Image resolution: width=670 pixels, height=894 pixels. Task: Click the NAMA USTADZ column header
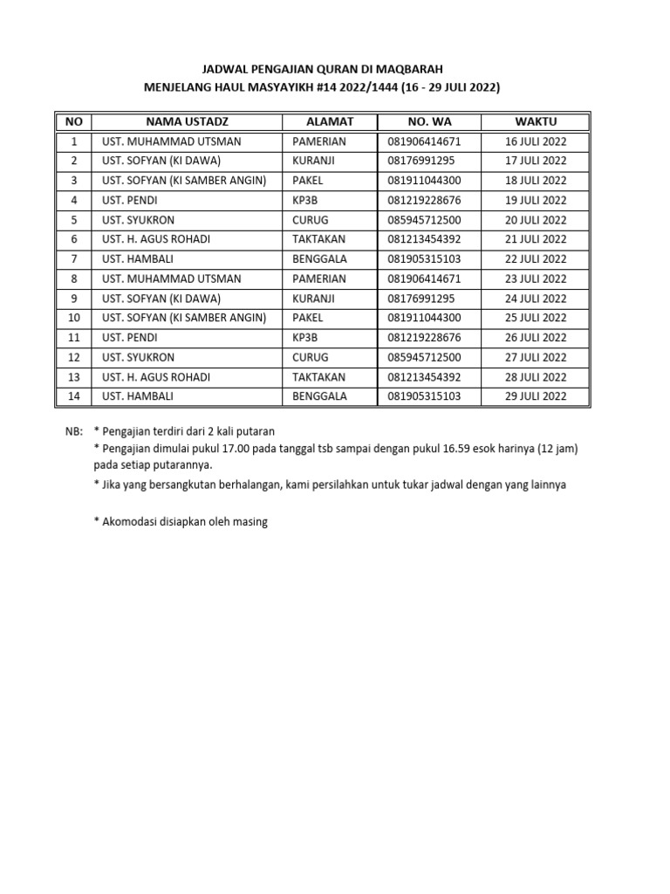187,121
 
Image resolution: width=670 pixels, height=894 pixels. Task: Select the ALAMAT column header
330,121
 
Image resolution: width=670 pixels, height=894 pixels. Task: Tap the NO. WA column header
429,121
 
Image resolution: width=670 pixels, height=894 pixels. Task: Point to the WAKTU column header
536,121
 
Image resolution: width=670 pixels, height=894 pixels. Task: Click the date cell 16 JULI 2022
536,141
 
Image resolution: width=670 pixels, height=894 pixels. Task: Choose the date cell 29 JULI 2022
536,396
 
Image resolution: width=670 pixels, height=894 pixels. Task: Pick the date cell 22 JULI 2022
536,259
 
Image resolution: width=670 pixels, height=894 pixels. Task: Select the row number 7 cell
74,259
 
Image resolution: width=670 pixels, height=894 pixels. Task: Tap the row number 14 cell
74,396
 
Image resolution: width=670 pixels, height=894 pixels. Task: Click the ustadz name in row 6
156,239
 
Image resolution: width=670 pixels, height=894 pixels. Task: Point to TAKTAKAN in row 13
318,377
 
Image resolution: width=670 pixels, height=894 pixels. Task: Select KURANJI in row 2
315,161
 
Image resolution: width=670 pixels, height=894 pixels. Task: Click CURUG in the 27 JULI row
310,357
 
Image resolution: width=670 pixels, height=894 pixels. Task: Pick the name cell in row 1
172,141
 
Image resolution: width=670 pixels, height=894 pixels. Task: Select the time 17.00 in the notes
234,448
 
